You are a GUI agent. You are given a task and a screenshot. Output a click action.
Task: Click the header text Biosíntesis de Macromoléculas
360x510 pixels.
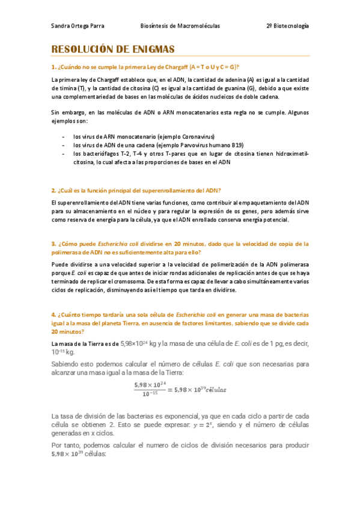[x=180, y=26]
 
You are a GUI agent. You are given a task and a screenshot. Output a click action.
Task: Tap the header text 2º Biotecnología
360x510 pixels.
[x=287, y=26]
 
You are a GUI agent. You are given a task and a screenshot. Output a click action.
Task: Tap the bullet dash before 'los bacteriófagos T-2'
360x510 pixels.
[x=64, y=153]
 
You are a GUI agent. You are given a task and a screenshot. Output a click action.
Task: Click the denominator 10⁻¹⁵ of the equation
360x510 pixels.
[x=150, y=394]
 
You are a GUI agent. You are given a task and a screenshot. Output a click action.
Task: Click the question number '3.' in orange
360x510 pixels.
[x=54, y=244]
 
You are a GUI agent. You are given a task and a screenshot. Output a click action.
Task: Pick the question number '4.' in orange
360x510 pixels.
[x=54, y=315]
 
